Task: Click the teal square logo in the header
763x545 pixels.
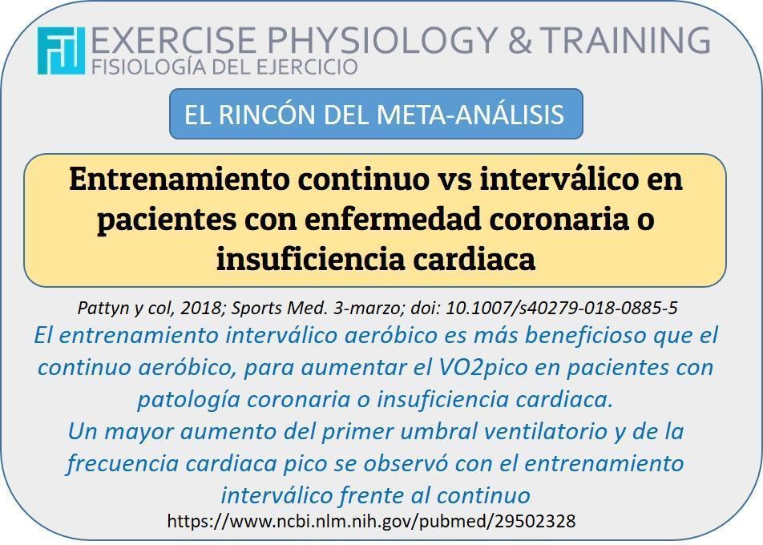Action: point(61,50)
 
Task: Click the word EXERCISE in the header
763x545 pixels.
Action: point(173,39)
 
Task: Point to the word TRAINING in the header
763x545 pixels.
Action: point(625,39)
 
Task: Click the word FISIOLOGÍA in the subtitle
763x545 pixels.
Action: point(149,67)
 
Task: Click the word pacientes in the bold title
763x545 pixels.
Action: point(167,220)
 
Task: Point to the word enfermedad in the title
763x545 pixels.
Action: point(394,219)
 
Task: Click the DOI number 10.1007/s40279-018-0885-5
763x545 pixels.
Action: point(562,308)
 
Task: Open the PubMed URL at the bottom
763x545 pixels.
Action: point(371,521)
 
